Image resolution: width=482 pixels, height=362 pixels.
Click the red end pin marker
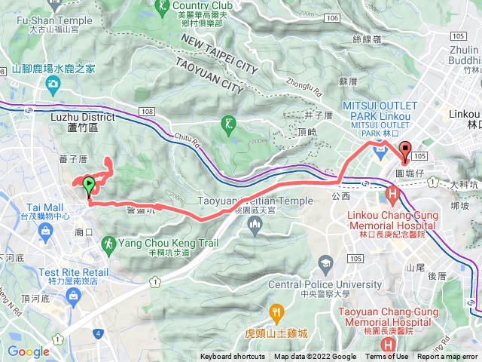(406, 151)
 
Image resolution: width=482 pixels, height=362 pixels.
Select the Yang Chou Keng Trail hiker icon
(108, 244)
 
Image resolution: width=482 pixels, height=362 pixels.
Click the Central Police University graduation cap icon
(325, 265)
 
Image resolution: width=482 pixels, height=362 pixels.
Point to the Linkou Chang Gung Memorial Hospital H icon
(392, 195)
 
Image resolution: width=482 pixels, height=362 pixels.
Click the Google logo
(28, 351)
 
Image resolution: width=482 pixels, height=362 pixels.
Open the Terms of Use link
(387, 357)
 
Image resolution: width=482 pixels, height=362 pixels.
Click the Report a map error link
(447, 357)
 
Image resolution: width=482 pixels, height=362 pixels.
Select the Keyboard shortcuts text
(232, 357)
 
